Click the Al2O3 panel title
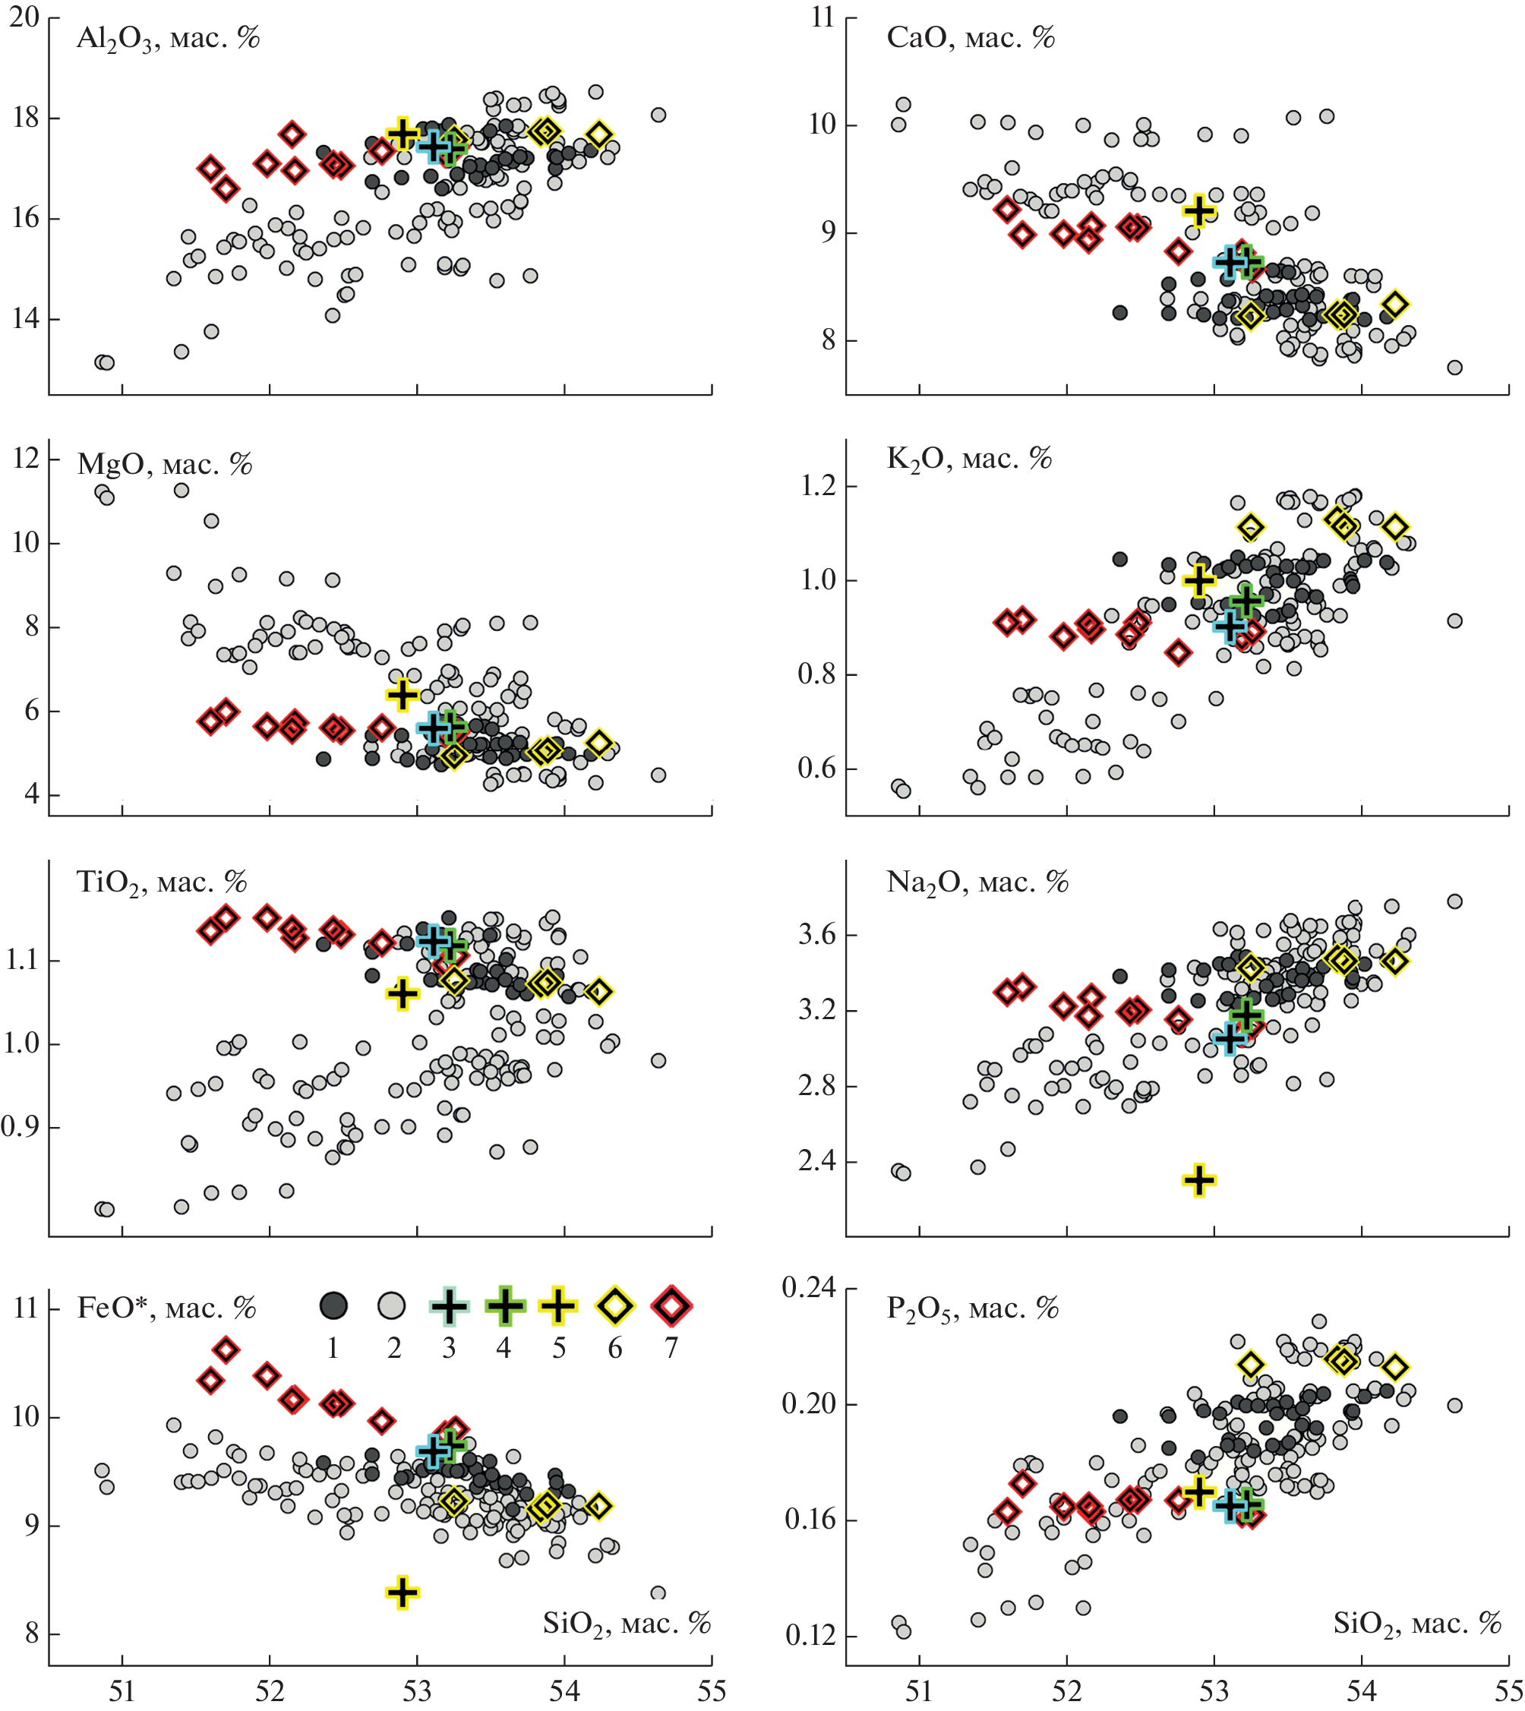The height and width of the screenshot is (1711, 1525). tap(168, 39)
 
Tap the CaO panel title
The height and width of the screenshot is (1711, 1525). tap(971, 38)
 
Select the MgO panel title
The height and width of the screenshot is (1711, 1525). tap(164, 464)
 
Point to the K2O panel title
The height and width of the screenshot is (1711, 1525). tap(968, 459)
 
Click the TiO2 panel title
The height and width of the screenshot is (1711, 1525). tap(162, 882)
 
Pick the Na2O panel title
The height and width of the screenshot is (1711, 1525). tap(977, 882)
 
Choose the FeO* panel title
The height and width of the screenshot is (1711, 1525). tap(166, 1308)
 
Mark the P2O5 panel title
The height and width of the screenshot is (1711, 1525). tap(972, 1308)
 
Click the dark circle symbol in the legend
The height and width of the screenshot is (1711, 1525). tap(333, 1305)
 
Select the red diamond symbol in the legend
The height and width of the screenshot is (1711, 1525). tap(671, 1305)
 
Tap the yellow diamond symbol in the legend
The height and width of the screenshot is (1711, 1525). tap(615, 1305)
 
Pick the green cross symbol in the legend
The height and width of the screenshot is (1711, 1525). tap(504, 1305)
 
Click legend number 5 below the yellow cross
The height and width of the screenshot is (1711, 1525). tap(559, 1348)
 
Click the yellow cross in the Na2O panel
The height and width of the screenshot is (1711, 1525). tap(1199, 1179)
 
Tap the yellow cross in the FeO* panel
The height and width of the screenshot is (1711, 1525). tap(403, 1592)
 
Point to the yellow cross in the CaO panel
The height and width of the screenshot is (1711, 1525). tap(1199, 210)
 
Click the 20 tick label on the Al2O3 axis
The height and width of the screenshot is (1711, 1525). tap(24, 17)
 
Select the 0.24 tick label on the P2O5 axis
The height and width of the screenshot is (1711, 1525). tap(809, 1287)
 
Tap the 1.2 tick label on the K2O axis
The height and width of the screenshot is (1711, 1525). tap(819, 486)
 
